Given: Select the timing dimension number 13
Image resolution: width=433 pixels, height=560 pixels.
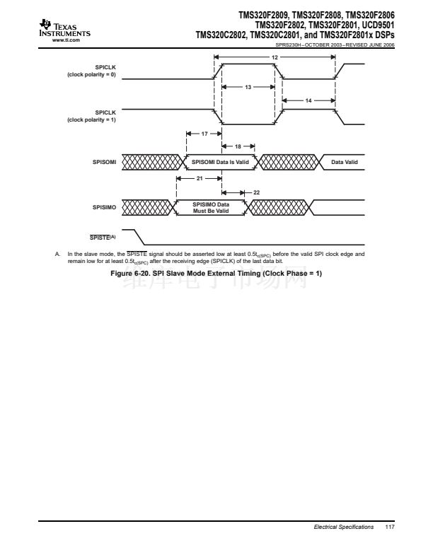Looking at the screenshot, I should tap(248, 87).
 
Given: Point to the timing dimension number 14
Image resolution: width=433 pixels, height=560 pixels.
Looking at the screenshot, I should tap(308, 101).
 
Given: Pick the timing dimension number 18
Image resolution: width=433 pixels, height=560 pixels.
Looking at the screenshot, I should tap(238, 146).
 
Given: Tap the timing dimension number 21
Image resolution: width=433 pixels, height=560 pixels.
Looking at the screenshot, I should tap(199, 177).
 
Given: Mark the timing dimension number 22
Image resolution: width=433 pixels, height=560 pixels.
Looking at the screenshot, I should tap(256, 192).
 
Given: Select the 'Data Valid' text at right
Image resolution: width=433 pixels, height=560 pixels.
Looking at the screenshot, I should tap(345, 163).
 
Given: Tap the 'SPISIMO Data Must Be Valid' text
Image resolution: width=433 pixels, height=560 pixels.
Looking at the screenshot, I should tap(211, 207).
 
